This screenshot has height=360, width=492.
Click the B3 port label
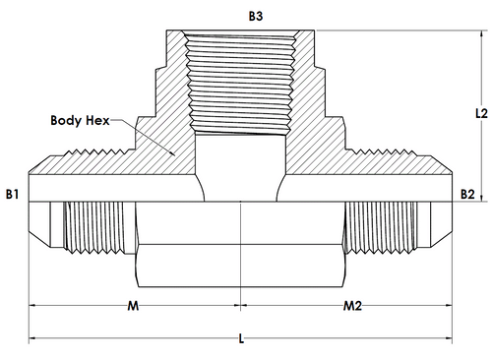256,16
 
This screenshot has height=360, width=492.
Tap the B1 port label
12,194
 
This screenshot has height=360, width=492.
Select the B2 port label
467,194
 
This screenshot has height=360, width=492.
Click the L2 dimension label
481,113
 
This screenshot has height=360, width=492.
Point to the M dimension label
133,306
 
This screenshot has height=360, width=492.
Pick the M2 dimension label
352,306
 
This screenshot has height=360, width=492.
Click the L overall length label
241,338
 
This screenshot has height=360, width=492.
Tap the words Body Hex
80,120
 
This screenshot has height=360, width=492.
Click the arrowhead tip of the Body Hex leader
174,155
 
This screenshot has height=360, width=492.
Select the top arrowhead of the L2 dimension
481,31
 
